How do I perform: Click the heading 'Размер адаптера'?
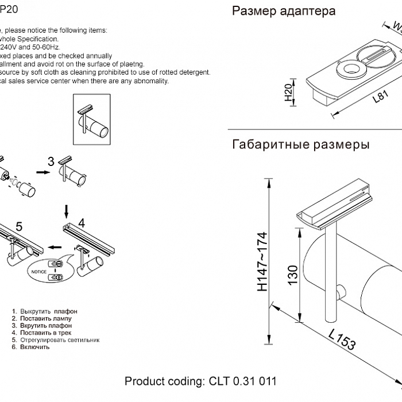pos(284,11)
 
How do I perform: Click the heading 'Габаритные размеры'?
pos(300,145)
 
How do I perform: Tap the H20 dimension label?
pos(289,92)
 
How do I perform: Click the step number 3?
pos(51,162)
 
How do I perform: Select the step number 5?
pos(18,226)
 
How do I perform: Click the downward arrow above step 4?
pos(67,208)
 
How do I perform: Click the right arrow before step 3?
pos(42,171)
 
